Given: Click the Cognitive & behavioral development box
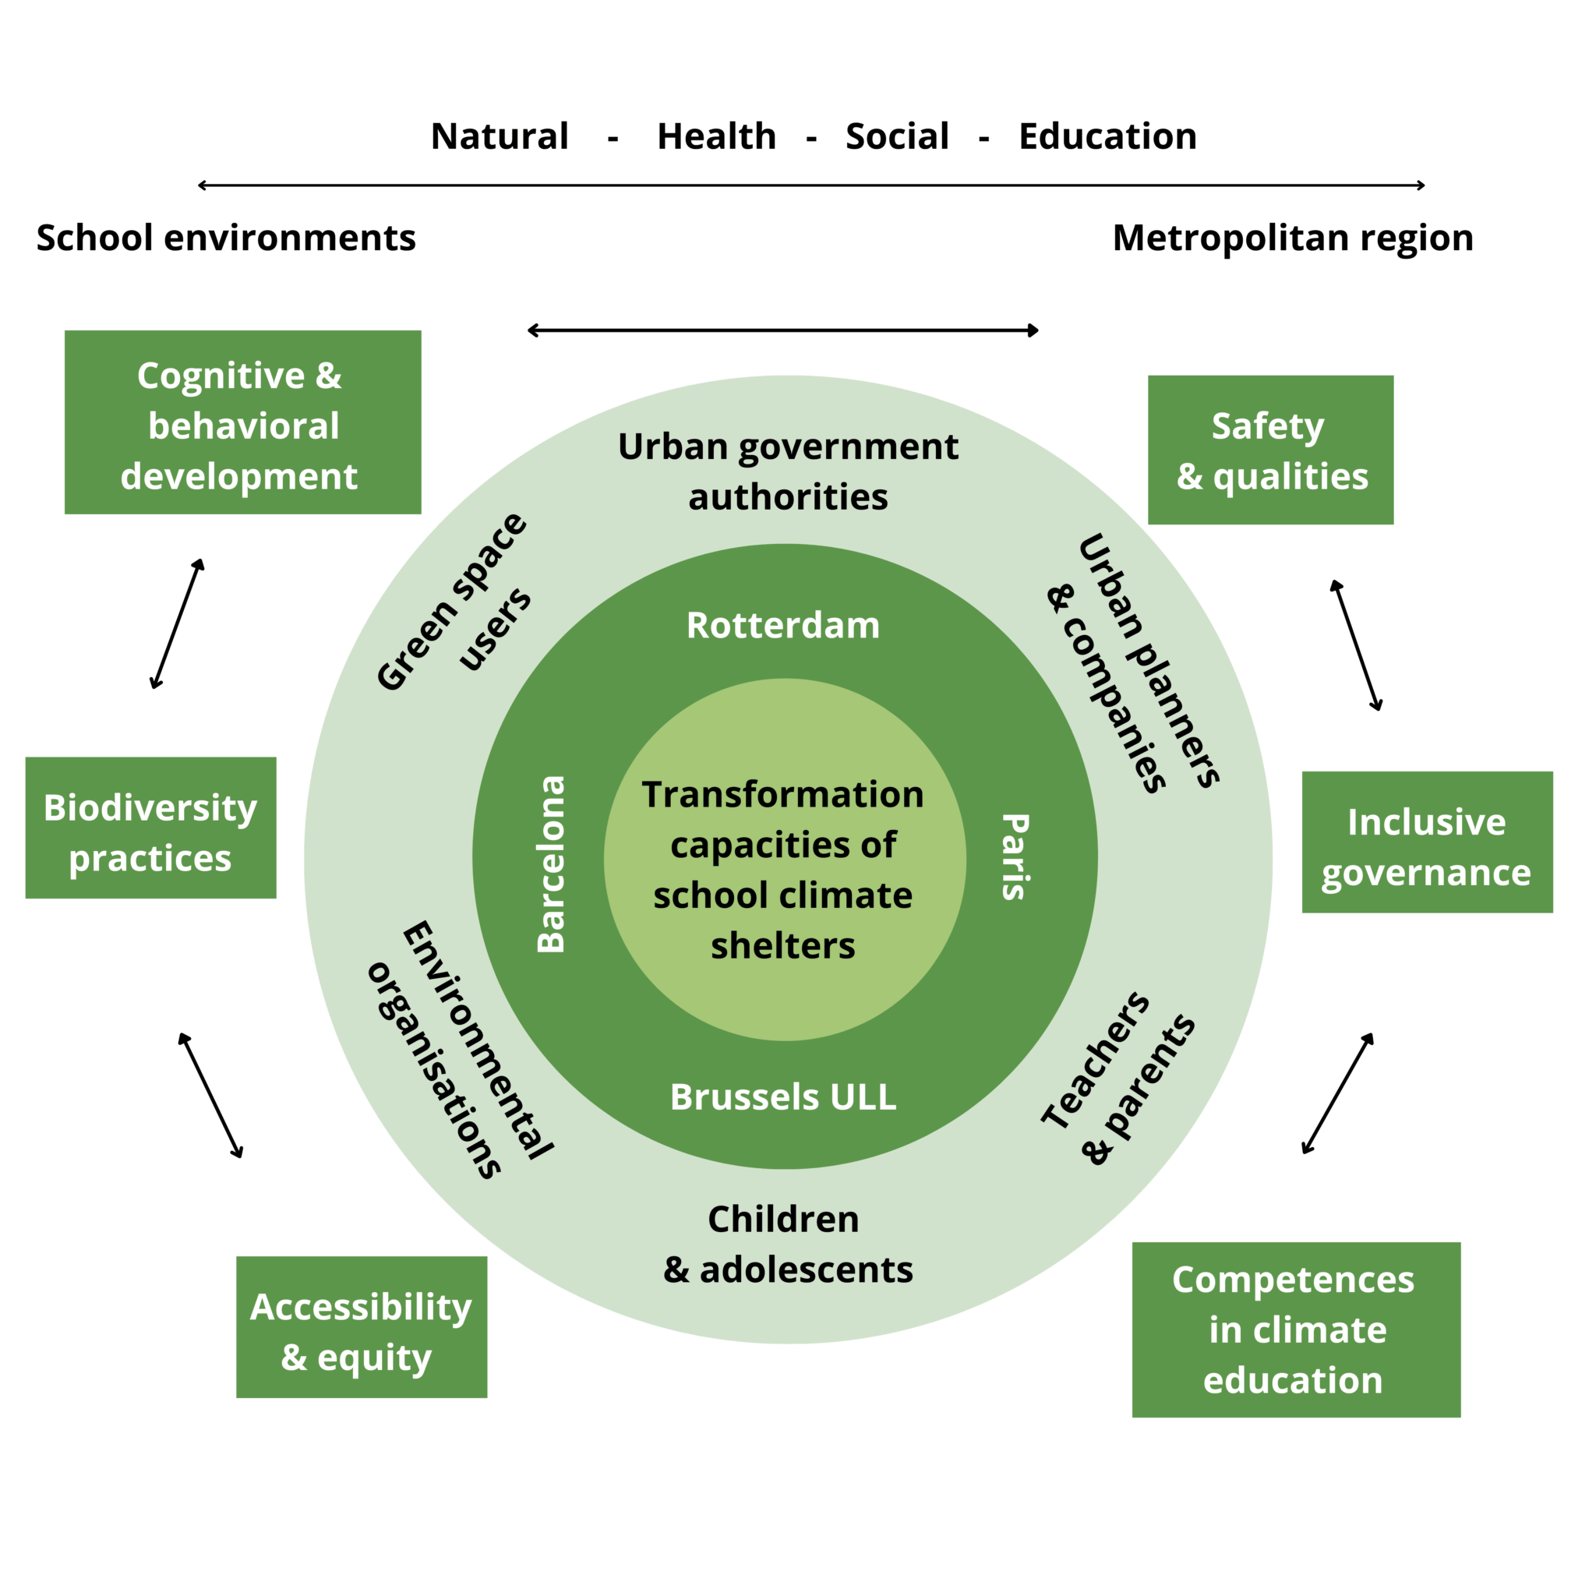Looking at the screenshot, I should click(243, 422).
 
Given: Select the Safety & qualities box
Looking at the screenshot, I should click(1271, 450).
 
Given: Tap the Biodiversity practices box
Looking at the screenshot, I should click(150, 827).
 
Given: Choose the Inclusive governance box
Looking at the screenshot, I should click(1427, 842).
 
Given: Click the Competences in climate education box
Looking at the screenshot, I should click(1296, 1329).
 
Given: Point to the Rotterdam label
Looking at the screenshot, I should click(783, 625).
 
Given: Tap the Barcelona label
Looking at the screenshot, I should click(551, 863).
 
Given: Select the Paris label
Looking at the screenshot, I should click(1015, 856).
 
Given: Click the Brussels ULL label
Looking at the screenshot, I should click(783, 1097).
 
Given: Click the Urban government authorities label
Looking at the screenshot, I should click(788, 471).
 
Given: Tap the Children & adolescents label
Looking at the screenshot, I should click(786, 1244).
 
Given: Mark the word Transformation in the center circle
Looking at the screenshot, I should click(782, 795).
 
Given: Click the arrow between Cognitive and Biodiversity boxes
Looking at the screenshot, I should click(177, 623).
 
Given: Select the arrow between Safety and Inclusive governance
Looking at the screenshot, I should click(1356, 645).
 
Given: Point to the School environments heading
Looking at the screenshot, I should click(225, 238).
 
